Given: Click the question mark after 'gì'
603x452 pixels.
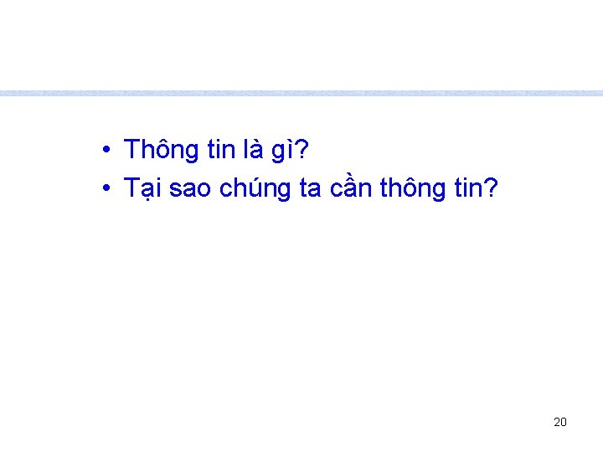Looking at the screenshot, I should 302,151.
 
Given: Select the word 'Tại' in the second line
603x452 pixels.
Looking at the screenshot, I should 143,190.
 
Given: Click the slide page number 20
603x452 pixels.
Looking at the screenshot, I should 560,422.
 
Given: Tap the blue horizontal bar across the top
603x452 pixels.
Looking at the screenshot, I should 301,93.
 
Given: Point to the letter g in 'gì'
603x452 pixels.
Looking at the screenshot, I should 278,153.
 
